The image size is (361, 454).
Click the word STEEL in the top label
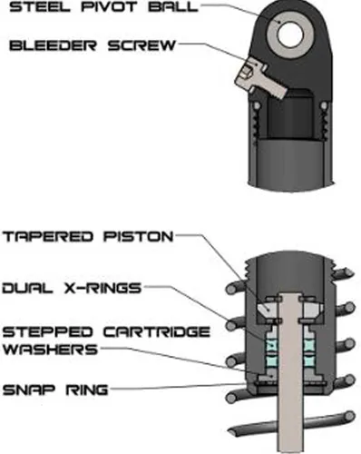[40, 7]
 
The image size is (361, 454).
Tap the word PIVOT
[109, 7]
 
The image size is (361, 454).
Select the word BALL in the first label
[173, 7]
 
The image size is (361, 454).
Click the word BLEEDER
[53, 45]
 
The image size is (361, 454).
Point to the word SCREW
[142, 45]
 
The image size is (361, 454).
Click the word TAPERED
[47, 236]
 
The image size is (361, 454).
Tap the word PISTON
[139, 236]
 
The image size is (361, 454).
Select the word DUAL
[28, 288]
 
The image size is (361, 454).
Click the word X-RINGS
[103, 288]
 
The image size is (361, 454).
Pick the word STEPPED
[47, 332]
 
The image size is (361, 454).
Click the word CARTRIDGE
[157, 332]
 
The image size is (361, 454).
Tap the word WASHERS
[51, 350]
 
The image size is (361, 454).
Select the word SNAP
[29, 390]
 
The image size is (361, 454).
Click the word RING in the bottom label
[87, 390]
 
